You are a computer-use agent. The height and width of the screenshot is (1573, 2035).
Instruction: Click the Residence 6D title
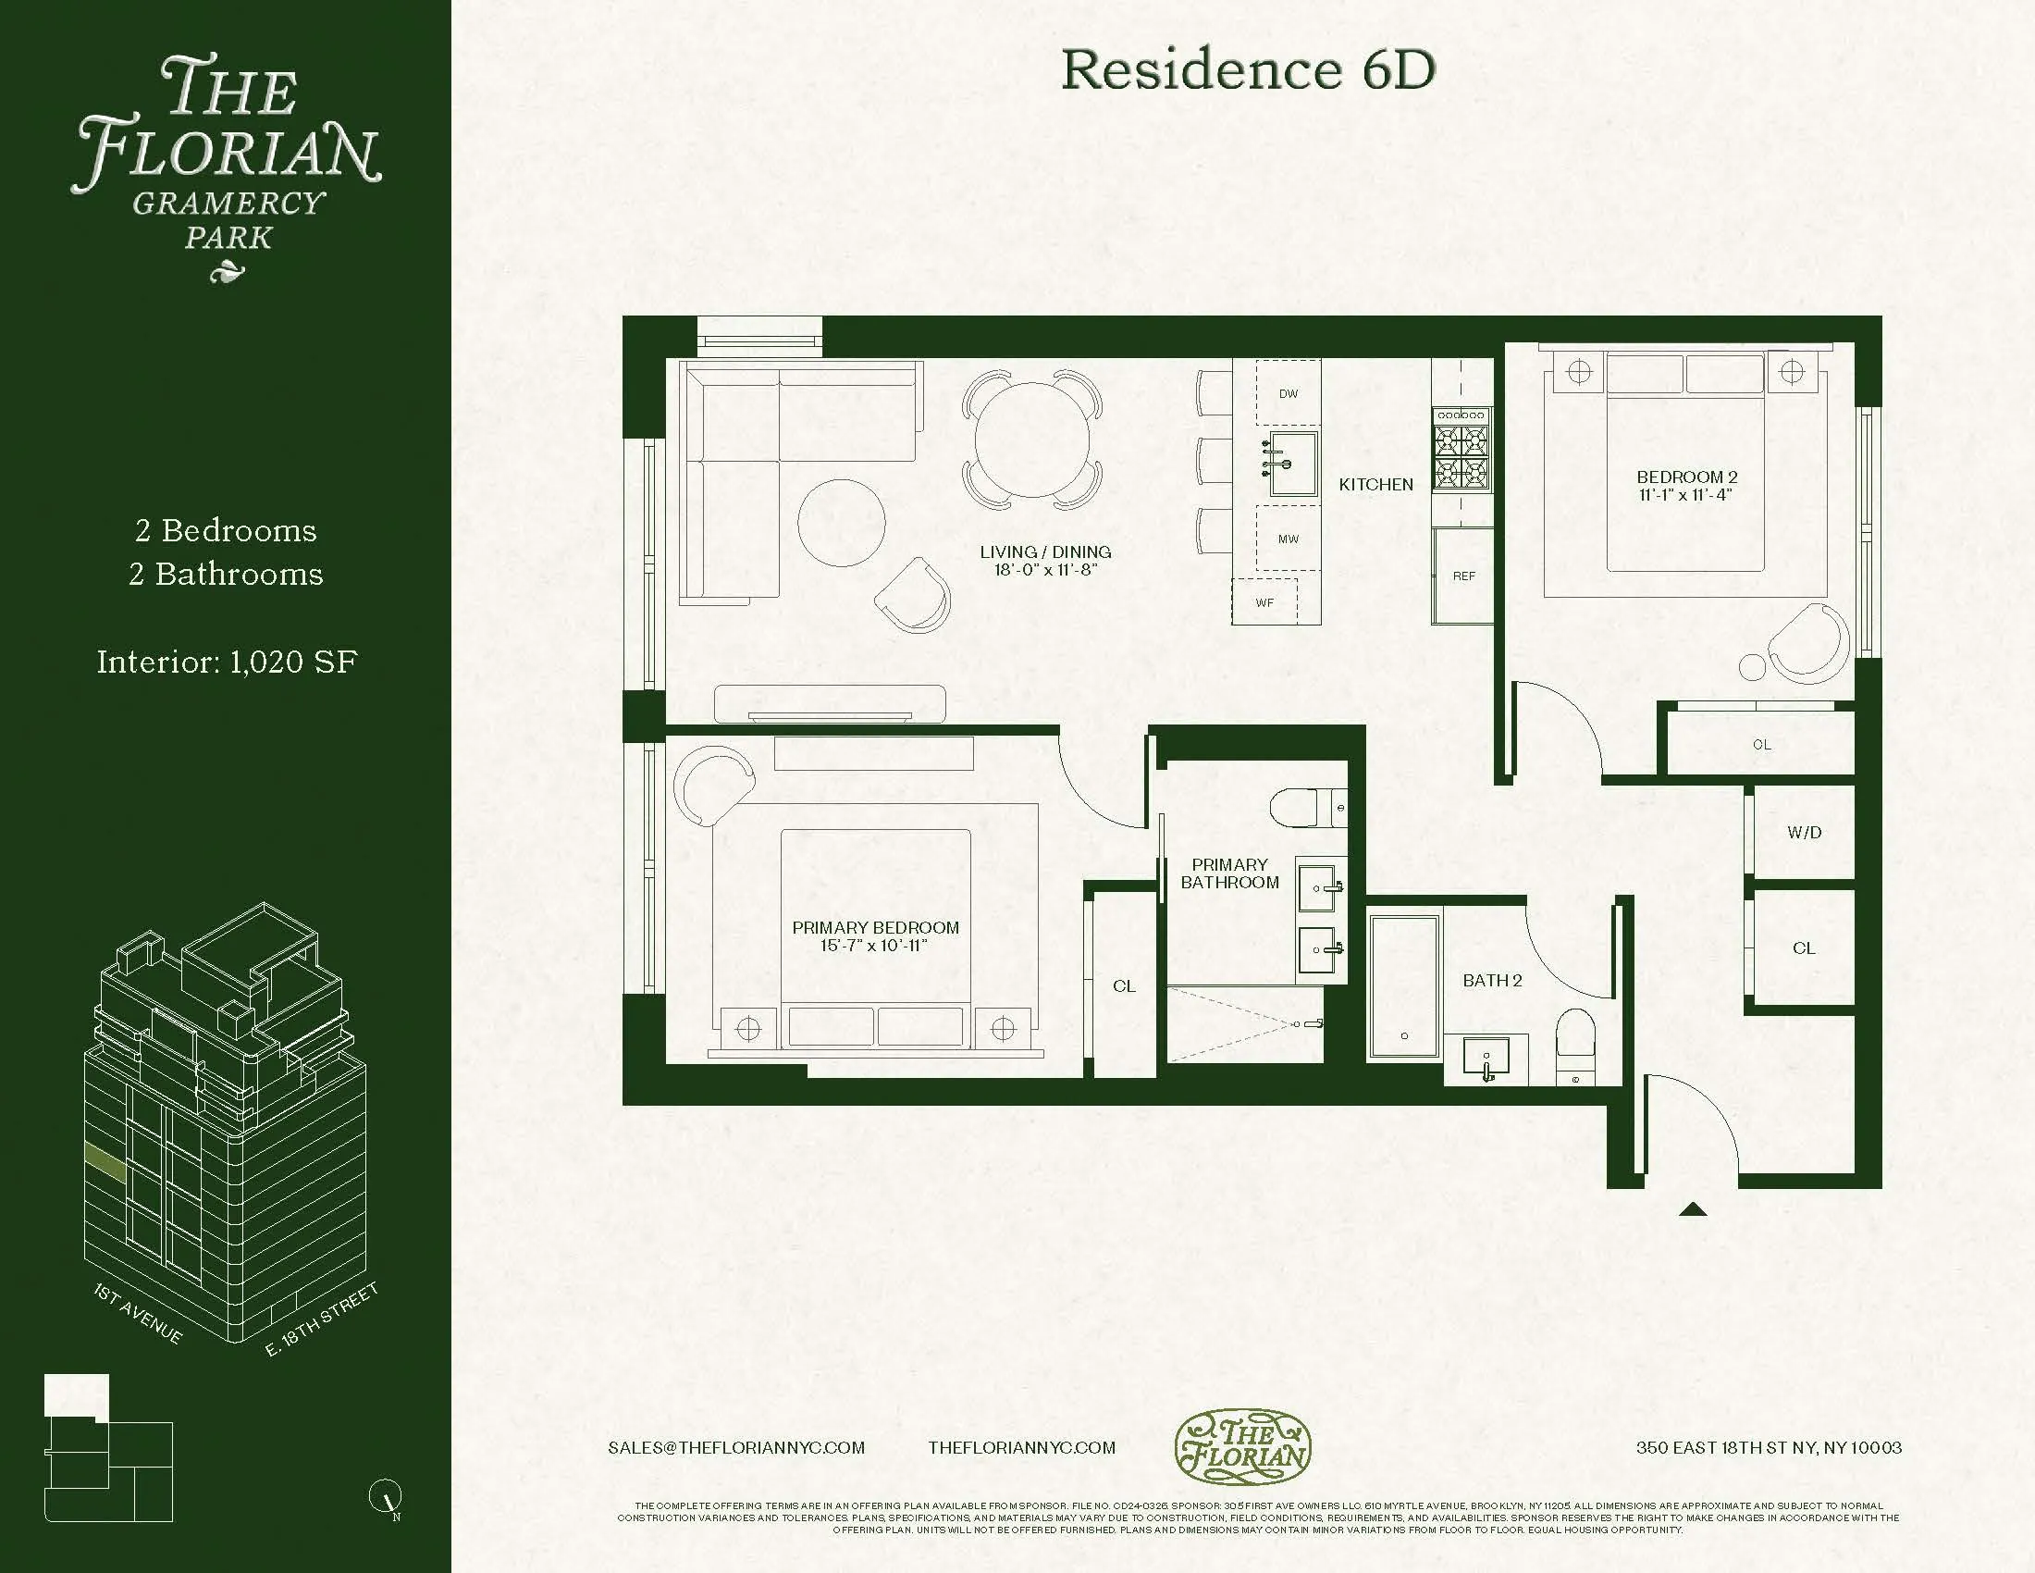coord(1248,70)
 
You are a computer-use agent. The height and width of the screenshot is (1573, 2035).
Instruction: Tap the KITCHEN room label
coord(1375,485)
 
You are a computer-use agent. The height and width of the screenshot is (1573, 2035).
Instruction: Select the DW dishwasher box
coord(1288,393)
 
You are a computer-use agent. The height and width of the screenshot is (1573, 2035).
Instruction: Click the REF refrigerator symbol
coord(1463,576)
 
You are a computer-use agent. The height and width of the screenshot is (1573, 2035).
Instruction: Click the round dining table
coord(1031,440)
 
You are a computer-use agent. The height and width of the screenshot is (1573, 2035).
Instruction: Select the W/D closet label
coord(1803,832)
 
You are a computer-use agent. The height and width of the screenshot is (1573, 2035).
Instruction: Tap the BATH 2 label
coord(1492,980)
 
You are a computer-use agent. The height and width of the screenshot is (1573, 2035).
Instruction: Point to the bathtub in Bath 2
coord(1403,987)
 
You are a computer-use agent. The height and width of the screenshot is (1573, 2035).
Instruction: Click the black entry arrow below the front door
coord(1693,1209)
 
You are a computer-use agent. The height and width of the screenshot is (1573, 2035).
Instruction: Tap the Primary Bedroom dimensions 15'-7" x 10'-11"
coord(874,945)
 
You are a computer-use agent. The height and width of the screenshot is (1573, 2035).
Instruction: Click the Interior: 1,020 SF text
coord(227,662)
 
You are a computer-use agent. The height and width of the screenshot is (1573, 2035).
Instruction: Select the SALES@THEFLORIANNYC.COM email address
coord(736,1447)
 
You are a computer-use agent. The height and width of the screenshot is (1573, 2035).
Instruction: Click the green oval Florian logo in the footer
coord(1242,1446)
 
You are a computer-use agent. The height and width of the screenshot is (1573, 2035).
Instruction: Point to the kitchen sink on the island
coord(1294,464)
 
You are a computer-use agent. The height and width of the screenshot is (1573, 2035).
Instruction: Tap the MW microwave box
coord(1288,539)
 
